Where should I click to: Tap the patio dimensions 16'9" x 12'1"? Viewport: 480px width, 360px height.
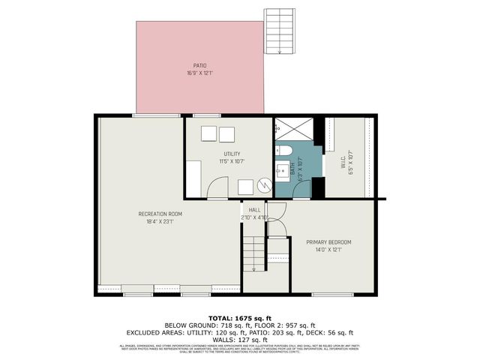pos(199,73)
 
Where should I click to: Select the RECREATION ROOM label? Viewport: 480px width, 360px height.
pos(160,214)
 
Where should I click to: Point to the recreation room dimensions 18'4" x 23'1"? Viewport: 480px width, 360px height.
pos(160,222)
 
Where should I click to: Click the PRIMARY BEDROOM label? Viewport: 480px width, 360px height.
pos(328,242)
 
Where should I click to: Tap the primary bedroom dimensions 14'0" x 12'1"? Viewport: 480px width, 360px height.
pos(328,250)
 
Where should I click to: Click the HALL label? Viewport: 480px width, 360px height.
pos(254,210)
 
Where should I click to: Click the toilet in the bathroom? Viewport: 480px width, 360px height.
pos(283,151)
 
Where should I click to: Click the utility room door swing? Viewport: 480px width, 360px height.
pos(217,188)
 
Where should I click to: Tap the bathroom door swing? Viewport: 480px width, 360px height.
pos(301,189)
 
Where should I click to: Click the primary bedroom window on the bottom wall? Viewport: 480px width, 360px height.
pos(332,294)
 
